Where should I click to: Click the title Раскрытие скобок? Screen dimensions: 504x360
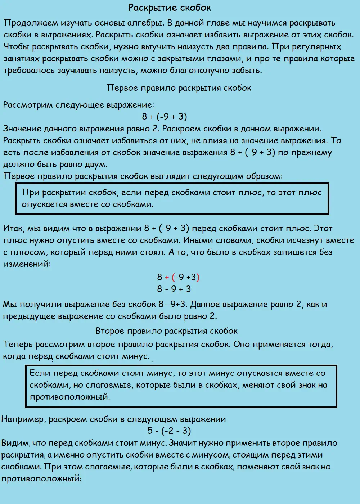170,8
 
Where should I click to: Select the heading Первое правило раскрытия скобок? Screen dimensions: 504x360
179,88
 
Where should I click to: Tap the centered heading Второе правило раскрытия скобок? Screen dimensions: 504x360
166,331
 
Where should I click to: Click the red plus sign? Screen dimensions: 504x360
167,277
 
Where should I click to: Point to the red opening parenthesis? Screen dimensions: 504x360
173,277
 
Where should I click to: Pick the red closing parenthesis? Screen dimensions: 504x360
198,277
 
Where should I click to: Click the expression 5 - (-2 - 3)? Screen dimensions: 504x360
169,431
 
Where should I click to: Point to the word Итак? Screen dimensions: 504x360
14,228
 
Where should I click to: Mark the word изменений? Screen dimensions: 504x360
27,264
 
